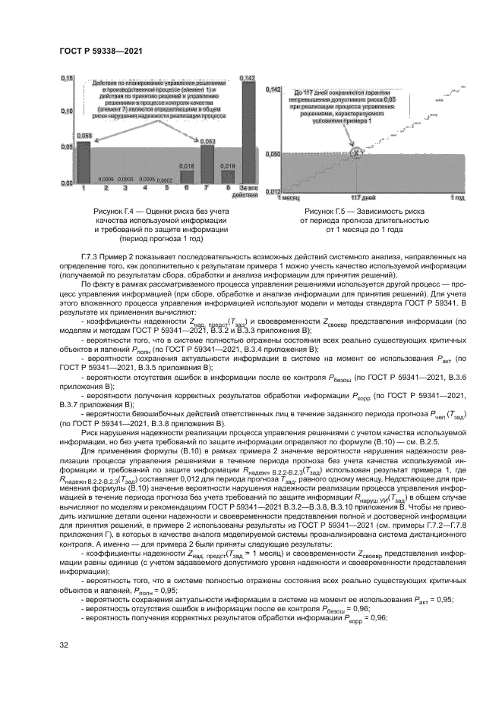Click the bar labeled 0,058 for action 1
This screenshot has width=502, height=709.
[x=84, y=161]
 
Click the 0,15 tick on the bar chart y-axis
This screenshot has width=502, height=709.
[x=66, y=79]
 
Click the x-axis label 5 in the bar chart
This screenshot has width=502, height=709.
[x=167, y=187]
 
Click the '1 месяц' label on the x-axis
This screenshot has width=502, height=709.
[x=289, y=197]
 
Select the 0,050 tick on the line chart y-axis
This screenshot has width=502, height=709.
[x=272, y=154]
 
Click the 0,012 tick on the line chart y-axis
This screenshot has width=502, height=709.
[x=273, y=191]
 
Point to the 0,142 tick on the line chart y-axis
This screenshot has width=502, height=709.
[x=272, y=89]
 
